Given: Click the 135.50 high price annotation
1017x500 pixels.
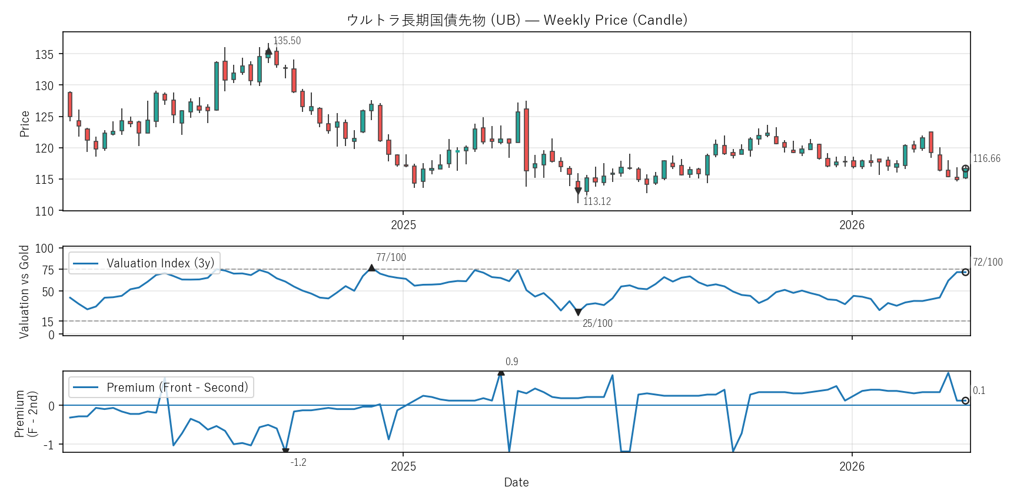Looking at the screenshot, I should pyautogui.click(x=287, y=41).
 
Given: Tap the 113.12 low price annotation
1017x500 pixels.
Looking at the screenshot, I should pyautogui.click(x=597, y=201).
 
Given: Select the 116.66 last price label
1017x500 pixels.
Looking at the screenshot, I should pyautogui.click(x=986, y=158).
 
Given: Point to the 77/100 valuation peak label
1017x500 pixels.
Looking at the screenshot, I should pyautogui.click(x=391, y=257).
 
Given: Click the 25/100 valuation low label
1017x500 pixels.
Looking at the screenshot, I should pyautogui.click(x=597, y=323).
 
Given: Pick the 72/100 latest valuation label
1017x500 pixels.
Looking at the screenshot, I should pyautogui.click(x=988, y=262).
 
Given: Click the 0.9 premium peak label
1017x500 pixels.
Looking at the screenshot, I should pyautogui.click(x=511, y=362).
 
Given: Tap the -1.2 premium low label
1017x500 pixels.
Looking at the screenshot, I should pyautogui.click(x=298, y=462).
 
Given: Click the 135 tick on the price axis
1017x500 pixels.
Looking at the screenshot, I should pyautogui.click(x=44, y=54).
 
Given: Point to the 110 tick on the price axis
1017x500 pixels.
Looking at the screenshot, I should pyautogui.click(x=44, y=211).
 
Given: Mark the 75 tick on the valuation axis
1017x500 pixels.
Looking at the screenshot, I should pyautogui.click(x=48, y=270).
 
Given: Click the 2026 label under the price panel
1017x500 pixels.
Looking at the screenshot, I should pyautogui.click(x=852, y=225).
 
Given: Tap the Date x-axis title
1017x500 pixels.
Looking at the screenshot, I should pyautogui.click(x=516, y=482).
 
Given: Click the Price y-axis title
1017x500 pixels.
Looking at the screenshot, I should pyautogui.click(x=25, y=124).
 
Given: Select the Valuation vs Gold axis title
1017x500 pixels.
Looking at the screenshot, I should pyautogui.click(x=24, y=292).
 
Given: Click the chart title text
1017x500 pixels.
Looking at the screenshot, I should pyautogui.click(x=517, y=20).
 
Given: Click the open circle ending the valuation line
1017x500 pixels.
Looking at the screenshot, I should pyautogui.click(x=965, y=272).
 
